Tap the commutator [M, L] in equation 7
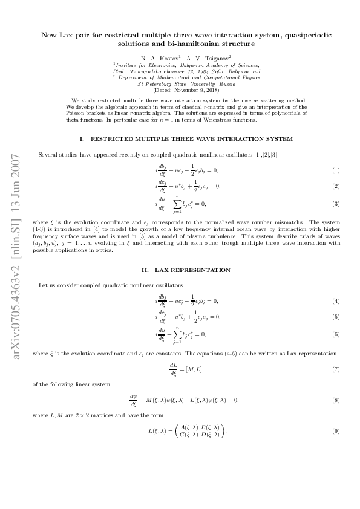[195, 369]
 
